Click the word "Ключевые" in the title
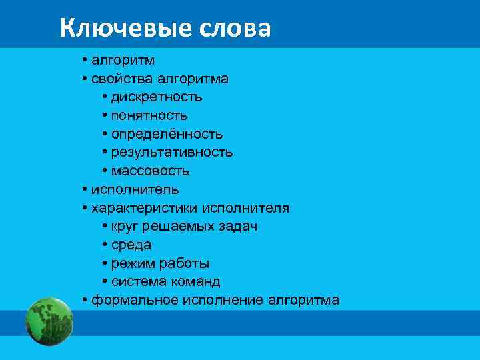[126, 28]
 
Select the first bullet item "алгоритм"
[123, 61]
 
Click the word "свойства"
[119, 79]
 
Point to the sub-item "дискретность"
[157, 97]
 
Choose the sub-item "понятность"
[149, 115]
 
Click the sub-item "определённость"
[167, 134]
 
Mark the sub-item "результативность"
[172, 152]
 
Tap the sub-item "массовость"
[150, 171]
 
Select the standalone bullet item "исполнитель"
[135, 189]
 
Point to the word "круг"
[125, 226]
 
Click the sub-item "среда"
[131, 245]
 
